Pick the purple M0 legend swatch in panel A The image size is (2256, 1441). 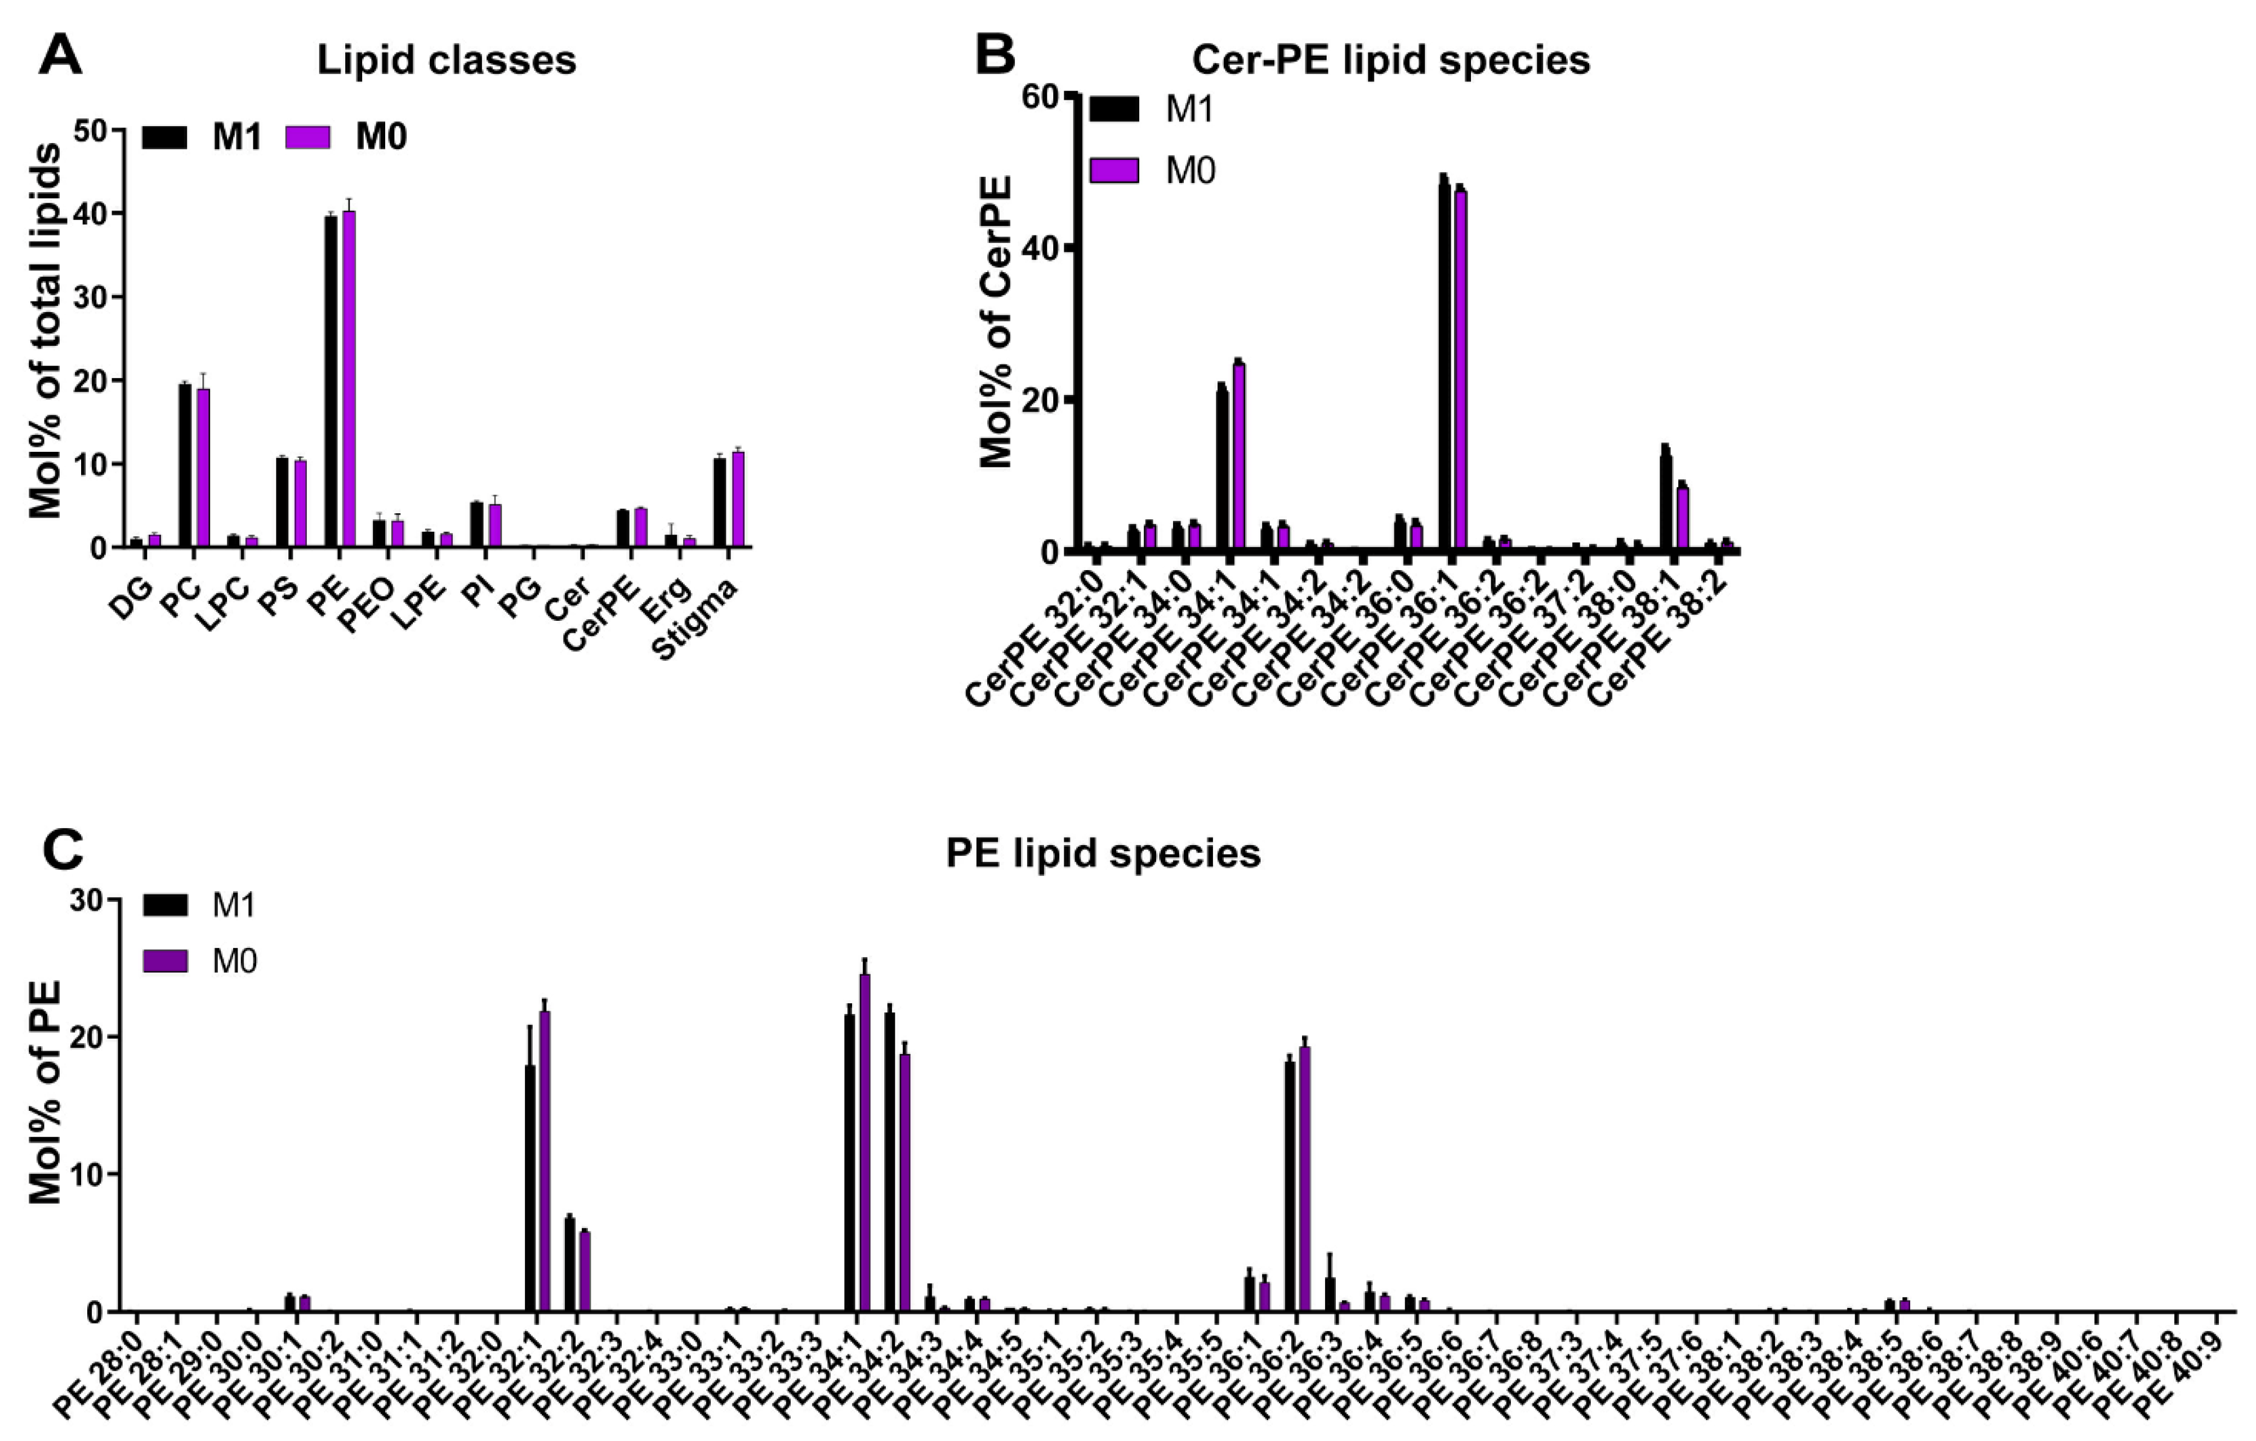pos(308,137)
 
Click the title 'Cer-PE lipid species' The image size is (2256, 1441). pos(1390,60)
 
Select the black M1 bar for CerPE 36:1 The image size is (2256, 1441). pos(1444,366)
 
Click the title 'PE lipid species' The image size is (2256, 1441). pos(1103,853)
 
